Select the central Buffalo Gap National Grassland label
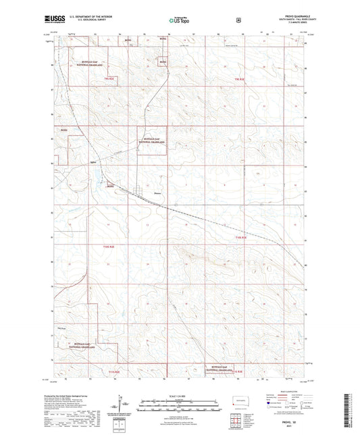(x=151, y=142)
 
